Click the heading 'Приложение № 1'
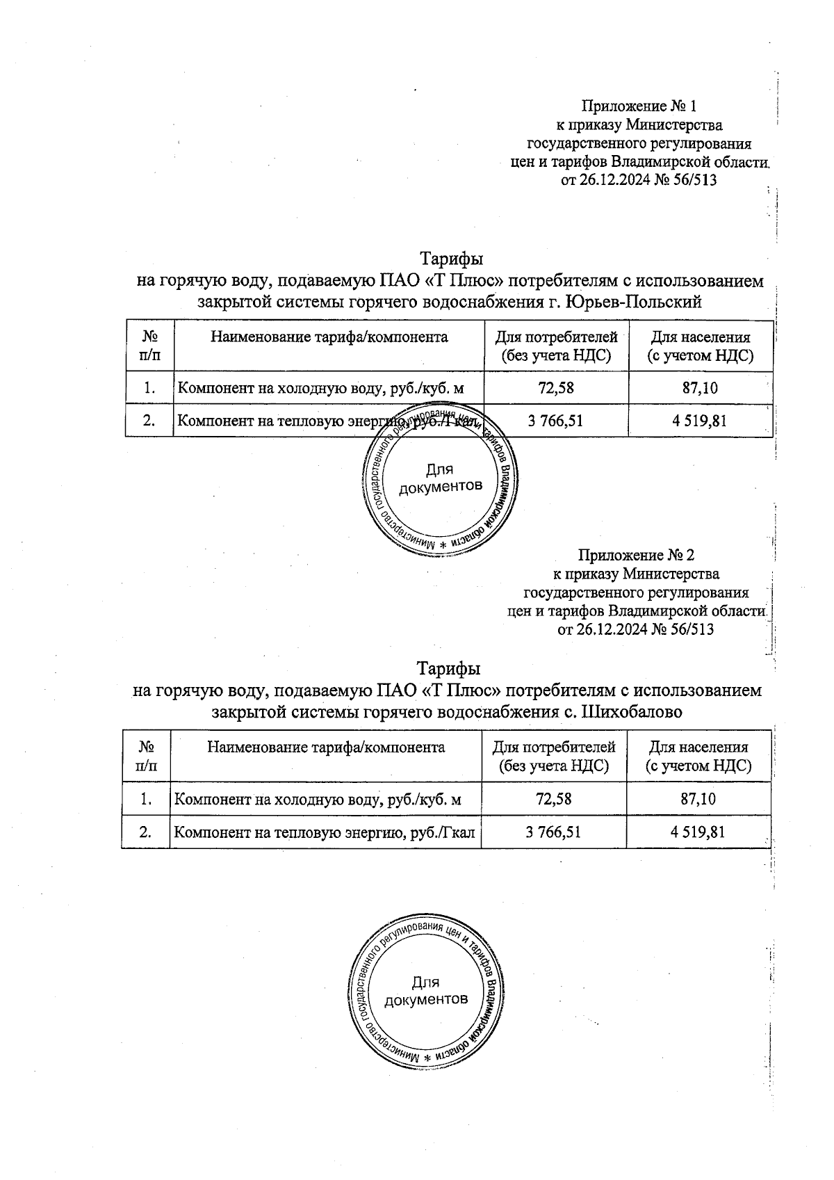click(x=638, y=106)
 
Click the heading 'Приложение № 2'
click(x=636, y=556)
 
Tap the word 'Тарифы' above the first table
click(x=451, y=259)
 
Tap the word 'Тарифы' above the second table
click(x=448, y=669)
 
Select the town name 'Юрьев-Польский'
click(x=634, y=302)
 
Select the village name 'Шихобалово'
click(x=631, y=712)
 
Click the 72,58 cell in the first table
click(x=556, y=388)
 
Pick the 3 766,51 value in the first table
click(x=555, y=421)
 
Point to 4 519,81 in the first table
click(x=701, y=421)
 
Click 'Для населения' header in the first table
click(x=700, y=338)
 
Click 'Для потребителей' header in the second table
click(x=554, y=747)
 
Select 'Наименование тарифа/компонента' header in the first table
click(x=329, y=338)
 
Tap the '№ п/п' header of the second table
click(x=146, y=757)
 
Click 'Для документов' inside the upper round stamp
click(x=439, y=478)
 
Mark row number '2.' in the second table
click(x=146, y=832)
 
